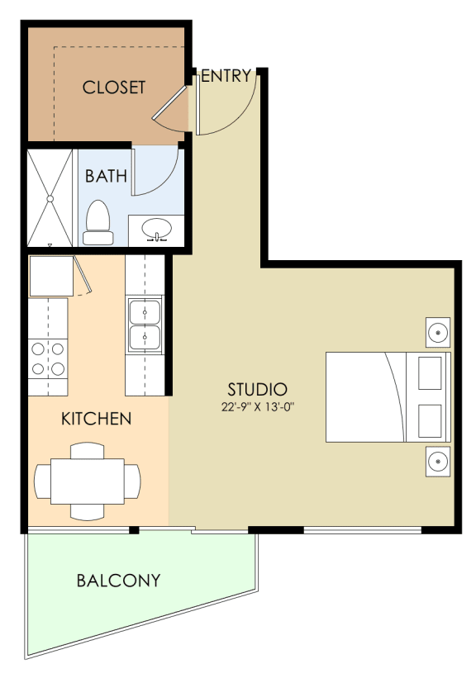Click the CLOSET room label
tap(114, 87)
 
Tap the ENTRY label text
tap(226, 76)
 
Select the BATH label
tap(107, 175)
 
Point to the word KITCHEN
tap(97, 419)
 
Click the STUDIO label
tap(258, 389)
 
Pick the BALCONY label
tap(118, 581)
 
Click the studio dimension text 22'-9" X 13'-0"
tap(258, 406)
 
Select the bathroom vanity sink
tap(156, 228)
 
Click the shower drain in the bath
tap(50, 198)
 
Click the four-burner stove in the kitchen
tap(48, 359)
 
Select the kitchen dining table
tap(88, 481)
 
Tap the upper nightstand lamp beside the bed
tap(437, 333)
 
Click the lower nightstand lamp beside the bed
tap(437, 461)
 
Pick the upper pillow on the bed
tap(430, 373)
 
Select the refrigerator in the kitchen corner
tap(51, 276)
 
